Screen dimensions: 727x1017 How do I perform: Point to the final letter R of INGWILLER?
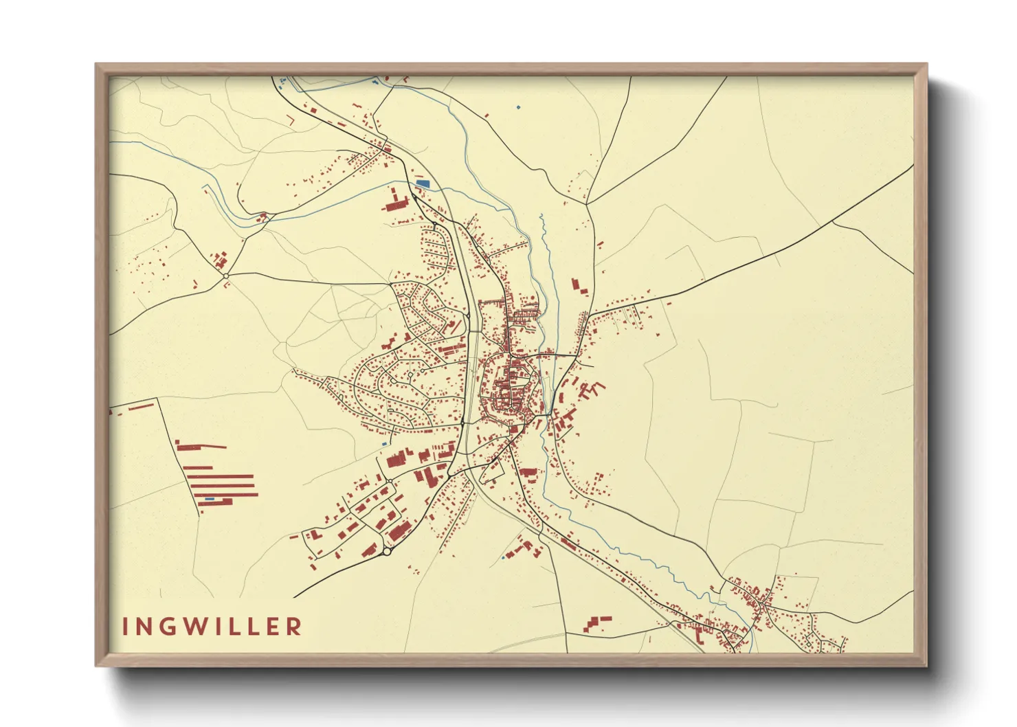[294, 627]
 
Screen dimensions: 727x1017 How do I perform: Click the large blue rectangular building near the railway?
[423, 183]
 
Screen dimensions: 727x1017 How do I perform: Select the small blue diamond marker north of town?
[518, 107]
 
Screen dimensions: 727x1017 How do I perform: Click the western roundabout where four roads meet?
[226, 276]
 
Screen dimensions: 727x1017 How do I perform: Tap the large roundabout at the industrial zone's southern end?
[387, 551]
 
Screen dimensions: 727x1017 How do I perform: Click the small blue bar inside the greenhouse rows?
[210, 499]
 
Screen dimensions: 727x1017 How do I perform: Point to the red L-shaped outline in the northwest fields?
[291, 120]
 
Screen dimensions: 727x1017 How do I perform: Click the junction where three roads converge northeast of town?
[588, 203]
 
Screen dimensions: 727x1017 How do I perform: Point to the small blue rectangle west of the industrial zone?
[384, 445]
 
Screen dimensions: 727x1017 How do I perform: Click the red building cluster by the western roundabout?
[220, 261]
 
